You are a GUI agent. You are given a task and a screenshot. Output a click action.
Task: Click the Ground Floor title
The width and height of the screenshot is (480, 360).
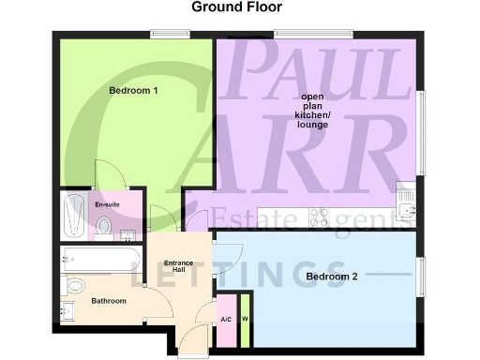click(236, 7)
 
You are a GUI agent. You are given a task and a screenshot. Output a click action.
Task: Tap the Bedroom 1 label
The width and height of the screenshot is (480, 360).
click(132, 91)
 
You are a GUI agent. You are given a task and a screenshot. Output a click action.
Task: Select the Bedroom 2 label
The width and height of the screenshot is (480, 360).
click(331, 277)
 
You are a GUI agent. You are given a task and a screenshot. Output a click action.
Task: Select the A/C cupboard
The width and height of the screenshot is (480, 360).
click(226, 318)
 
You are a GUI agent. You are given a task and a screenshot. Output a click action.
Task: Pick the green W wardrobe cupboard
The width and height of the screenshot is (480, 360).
click(245, 317)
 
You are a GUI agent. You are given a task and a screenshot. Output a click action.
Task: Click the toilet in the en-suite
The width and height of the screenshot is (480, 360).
click(104, 225)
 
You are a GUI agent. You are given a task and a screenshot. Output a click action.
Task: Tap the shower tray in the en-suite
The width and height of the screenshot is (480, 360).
click(73, 216)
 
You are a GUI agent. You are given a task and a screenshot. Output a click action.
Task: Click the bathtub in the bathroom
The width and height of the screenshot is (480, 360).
click(101, 260)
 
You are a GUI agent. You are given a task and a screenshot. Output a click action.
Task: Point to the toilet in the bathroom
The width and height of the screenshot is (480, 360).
click(75, 285)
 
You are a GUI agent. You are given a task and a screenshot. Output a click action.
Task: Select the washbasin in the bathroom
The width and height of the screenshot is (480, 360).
click(67, 310)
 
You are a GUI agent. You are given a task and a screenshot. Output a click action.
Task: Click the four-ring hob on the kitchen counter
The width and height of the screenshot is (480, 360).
click(319, 216)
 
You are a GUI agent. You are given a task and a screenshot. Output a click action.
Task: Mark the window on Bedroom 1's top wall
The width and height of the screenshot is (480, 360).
click(172, 36)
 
